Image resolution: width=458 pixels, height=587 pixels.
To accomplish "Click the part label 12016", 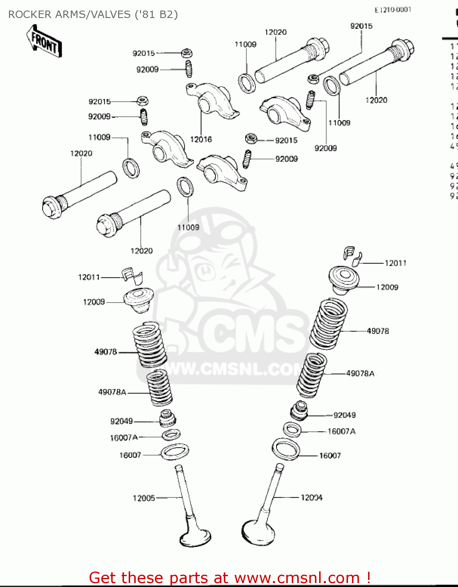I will coord(201,139).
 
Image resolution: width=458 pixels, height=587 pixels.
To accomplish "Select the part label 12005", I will coord(144,498).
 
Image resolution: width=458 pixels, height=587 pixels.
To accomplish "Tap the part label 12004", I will coord(311,498).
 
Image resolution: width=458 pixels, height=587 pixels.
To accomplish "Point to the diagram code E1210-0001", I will coord(393,10).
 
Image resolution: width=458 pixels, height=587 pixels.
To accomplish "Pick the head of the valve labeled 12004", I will coord(258,532).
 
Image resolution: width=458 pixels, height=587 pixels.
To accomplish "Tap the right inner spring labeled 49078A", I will coord(311,375).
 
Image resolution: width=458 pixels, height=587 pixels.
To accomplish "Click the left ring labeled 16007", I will coord(175,452).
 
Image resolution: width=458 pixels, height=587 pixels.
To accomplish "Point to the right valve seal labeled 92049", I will coord(299,410).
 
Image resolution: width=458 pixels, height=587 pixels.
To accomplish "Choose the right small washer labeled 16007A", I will coord(292,430).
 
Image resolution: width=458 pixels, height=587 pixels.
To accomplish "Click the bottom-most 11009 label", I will coord(188,227).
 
